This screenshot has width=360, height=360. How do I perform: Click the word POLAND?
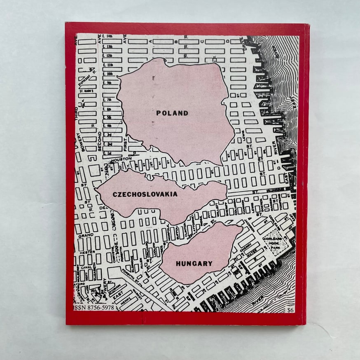tap(172, 113)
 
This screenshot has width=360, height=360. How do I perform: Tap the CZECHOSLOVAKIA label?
tap(145, 194)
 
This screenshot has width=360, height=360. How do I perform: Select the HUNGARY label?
tap(194, 263)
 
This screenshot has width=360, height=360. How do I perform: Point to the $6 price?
tap(292, 311)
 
